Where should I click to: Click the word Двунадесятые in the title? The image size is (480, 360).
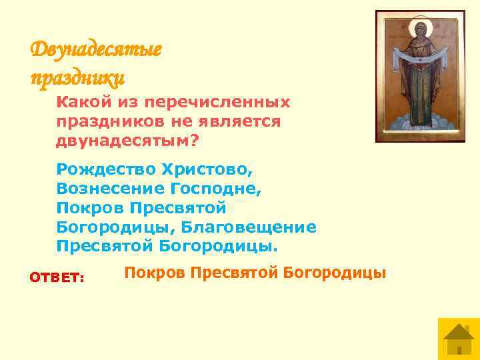[x=96, y=50]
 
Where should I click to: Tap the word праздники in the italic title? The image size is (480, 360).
[x=77, y=79]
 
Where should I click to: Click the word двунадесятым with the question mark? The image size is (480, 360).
[x=128, y=141]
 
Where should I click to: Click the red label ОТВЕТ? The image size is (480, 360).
[x=57, y=277]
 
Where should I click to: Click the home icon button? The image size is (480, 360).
[x=458, y=338]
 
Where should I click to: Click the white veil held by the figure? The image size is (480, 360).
[x=419, y=67]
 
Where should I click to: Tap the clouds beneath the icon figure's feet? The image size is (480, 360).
[x=419, y=123]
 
